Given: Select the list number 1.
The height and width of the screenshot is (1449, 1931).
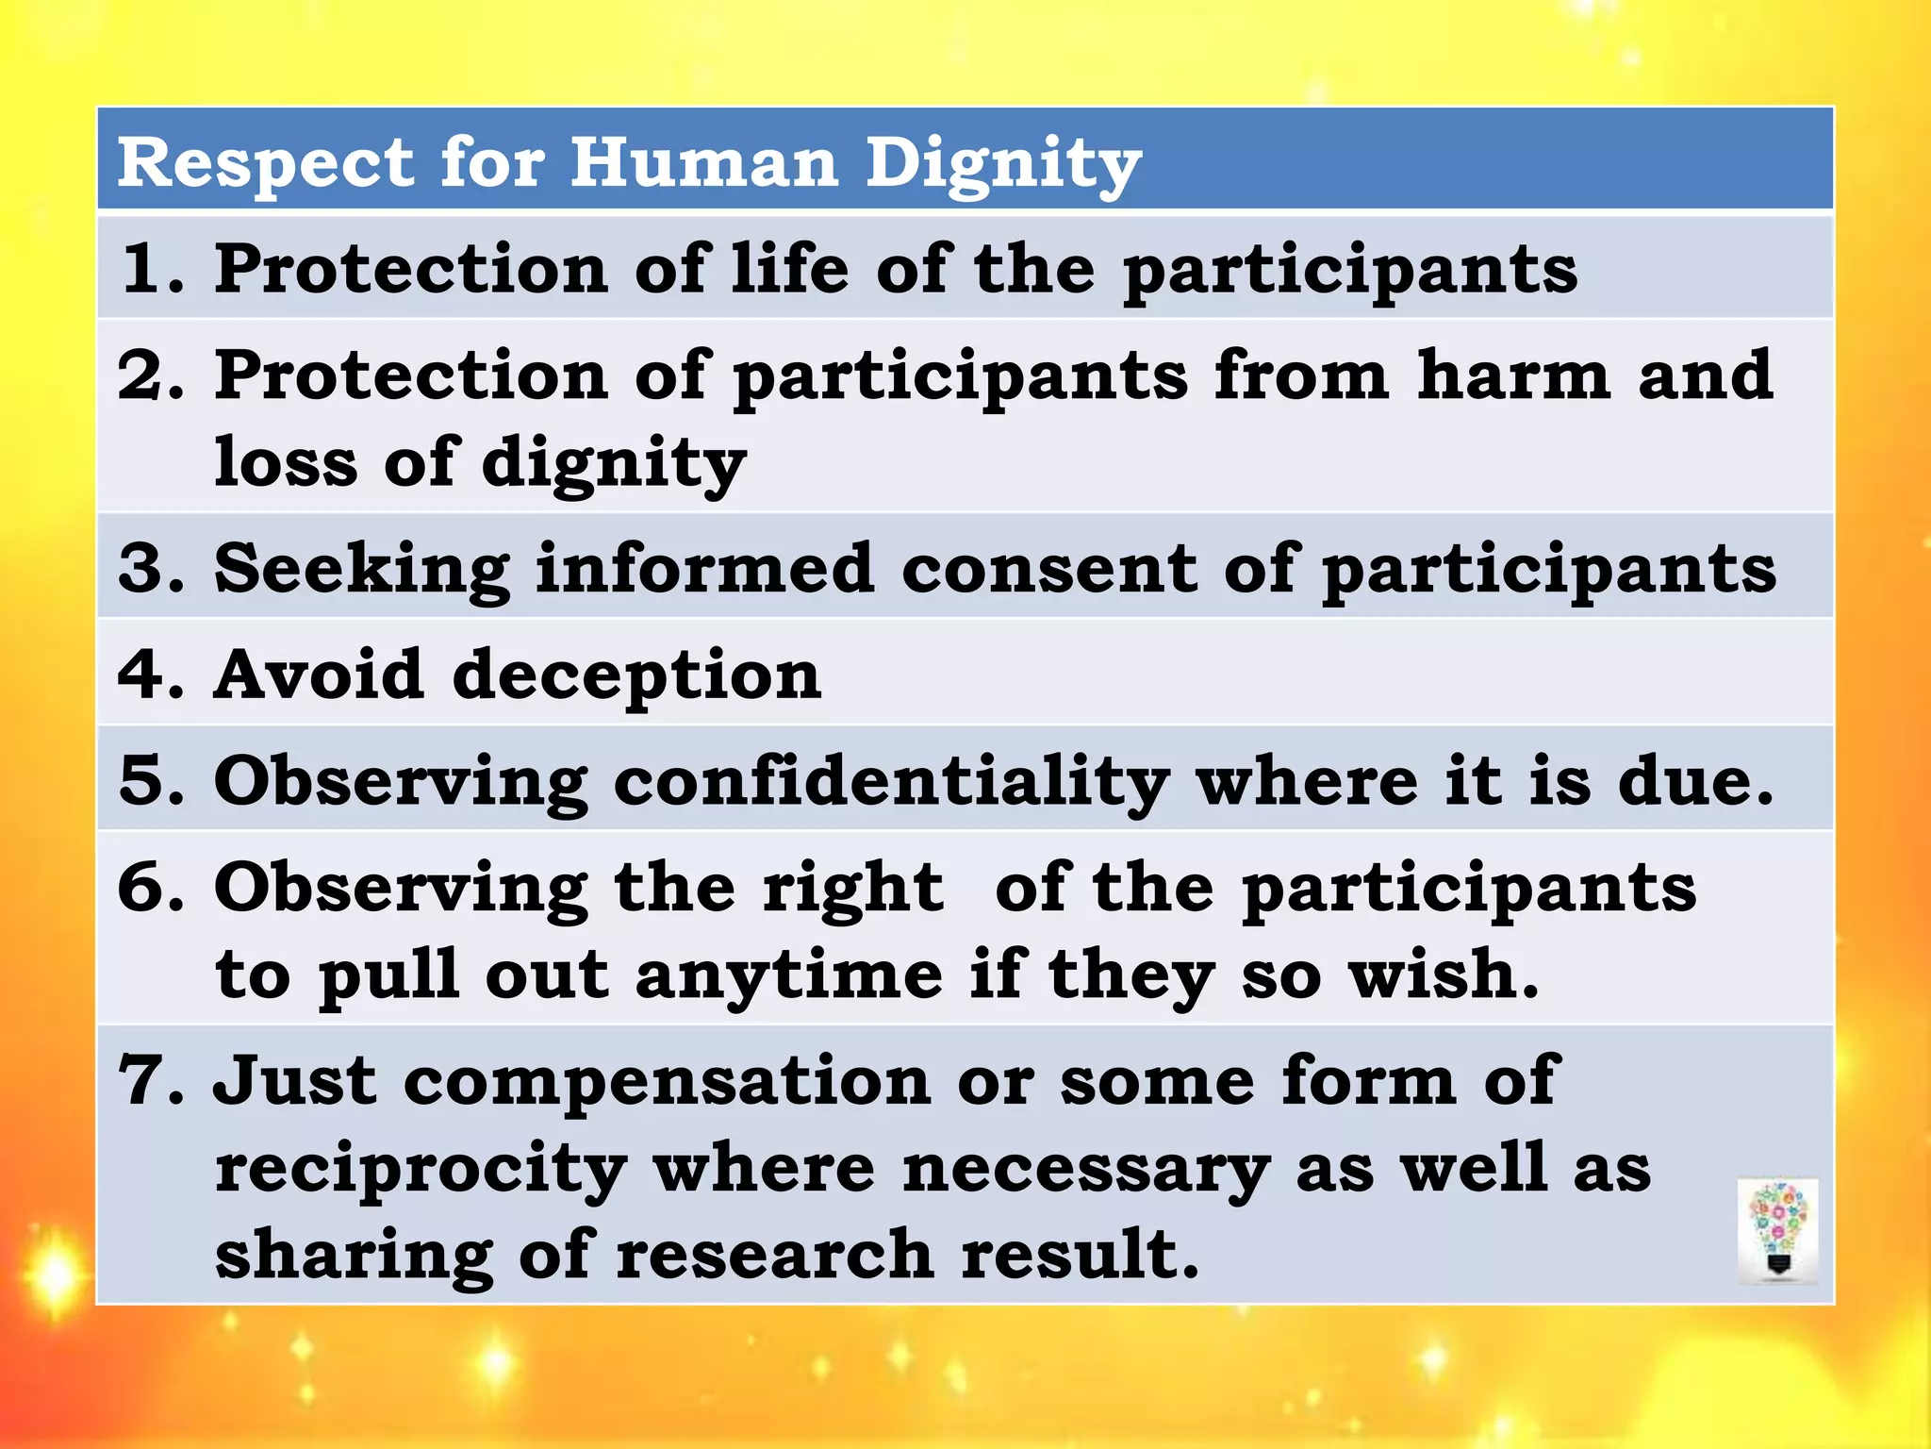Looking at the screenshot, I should click(x=146, y=269).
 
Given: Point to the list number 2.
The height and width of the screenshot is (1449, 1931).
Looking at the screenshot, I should click(x=146, y=375).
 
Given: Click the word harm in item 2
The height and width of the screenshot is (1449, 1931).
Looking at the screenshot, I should click(x=1513, y=375).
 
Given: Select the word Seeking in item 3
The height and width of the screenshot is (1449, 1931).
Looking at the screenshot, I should click(x=362, y=571).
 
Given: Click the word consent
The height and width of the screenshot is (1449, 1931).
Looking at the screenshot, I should click(x=1048, y=571).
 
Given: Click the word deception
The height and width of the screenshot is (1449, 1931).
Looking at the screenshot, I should click(x=636, y=677).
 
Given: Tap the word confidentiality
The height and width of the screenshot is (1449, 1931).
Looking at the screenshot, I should click(x=891, y=783).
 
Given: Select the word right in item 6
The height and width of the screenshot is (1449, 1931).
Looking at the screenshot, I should click(x=852, y=891).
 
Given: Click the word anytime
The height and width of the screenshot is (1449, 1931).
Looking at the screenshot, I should click(x=788, y=976).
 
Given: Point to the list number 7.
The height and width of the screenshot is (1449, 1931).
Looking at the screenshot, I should click(x=146, y=1081).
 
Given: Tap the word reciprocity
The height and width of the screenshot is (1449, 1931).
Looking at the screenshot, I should click(x=421, y=1170).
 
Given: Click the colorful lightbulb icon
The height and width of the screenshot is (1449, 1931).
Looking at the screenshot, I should click(x=1777, y=1231).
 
